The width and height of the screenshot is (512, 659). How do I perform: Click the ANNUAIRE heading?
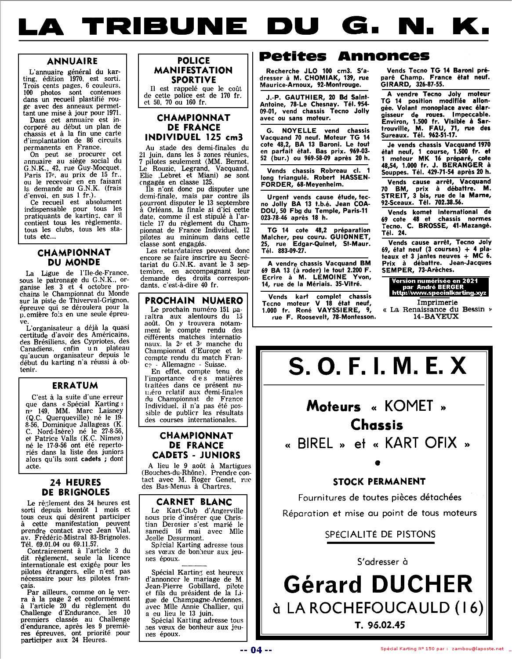point(72,61)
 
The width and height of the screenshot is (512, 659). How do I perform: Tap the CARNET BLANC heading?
point(194,501)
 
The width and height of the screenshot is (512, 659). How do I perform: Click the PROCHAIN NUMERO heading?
point(194,301)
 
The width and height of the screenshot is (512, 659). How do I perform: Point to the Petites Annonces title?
point(344,56)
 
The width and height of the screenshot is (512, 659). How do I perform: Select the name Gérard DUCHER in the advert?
point(378,584)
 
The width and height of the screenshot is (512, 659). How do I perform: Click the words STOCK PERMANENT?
point(379,482)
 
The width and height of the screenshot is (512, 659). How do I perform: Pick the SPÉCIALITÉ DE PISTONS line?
point(380,534)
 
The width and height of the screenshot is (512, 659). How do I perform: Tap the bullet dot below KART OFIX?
point(378,462)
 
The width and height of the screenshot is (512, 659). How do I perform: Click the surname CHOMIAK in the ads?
point(315,78)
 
